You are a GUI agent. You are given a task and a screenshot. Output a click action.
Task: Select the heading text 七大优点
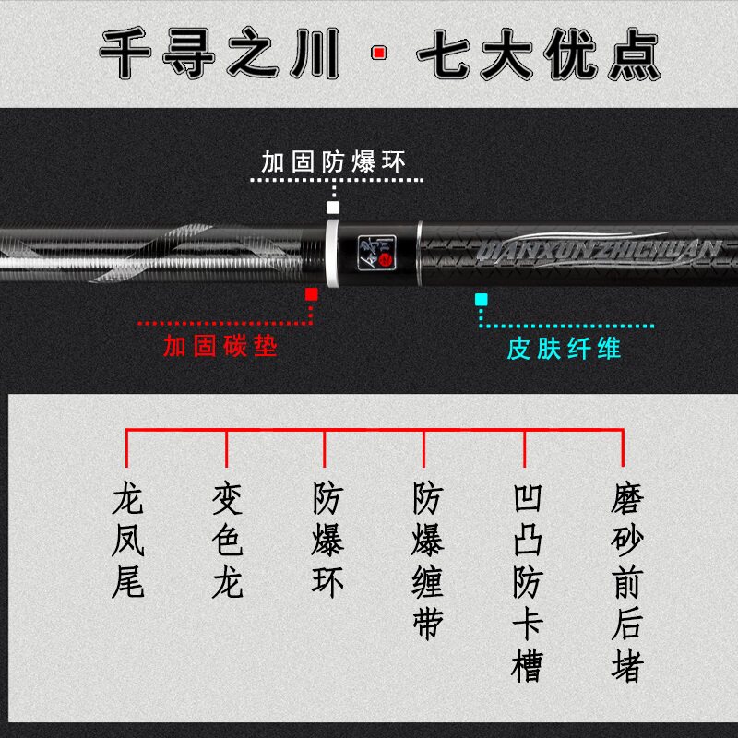pyautogui.click(x=539, y=53)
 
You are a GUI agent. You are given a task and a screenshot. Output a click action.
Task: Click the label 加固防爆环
pyautogui.click(x=333, y=162)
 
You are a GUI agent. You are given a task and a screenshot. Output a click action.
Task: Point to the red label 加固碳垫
pyautogui.click(x=220, y=347)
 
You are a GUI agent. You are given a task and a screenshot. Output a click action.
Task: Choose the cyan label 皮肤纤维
pyautogui.click(x=564, y=348)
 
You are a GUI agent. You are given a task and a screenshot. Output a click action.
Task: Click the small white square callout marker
pyautogui.click(x=333, y=208)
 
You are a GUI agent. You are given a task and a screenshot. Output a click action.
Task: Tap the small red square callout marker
pyautogui.click(x=312, y=294)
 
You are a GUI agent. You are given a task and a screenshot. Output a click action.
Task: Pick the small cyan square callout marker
pyautogui.click(x=481, y=300)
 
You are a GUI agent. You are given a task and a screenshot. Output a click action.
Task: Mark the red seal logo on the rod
pyautogui.click(x=385, y=261)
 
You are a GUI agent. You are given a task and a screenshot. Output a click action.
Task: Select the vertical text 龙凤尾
pyautogui.click(x=127, y=542)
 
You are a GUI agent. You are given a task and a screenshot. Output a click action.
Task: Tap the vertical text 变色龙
pyautogui.click(x=227, y=542)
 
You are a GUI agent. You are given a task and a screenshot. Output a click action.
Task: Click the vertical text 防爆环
pyautogui.click(x=327, y=542)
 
